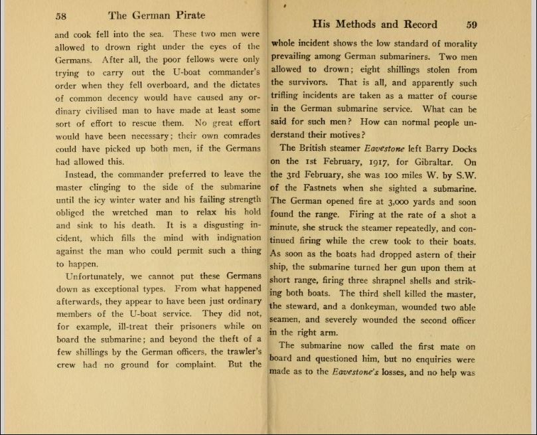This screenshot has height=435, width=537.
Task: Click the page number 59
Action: pyautogui.click(x=471, y=25)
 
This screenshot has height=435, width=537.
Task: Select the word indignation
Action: pyautogui.click(x=226, y=238)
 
